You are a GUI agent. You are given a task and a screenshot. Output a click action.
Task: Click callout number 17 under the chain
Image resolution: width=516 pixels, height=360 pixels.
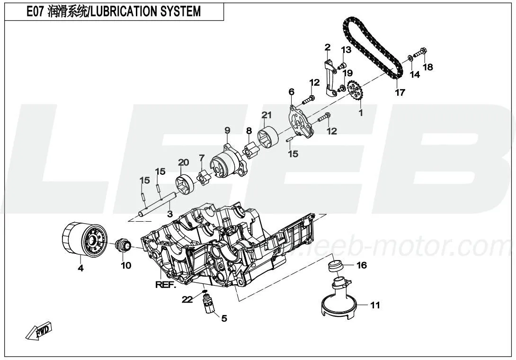[400, 92]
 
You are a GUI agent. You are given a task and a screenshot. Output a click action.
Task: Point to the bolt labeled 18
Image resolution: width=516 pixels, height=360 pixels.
[420, 53]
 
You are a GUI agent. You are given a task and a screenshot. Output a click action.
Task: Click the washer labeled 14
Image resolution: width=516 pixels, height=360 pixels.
[409, 58]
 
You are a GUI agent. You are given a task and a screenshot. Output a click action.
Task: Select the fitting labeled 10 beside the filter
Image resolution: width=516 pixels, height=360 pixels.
[124, 246]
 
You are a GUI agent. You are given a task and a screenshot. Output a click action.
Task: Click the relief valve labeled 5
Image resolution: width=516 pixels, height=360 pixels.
[208, 304]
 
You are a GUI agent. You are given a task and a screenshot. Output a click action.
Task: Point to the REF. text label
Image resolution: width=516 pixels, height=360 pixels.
[166, 285]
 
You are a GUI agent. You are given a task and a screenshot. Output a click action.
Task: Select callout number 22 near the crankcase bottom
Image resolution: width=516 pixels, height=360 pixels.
[188, 299]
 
